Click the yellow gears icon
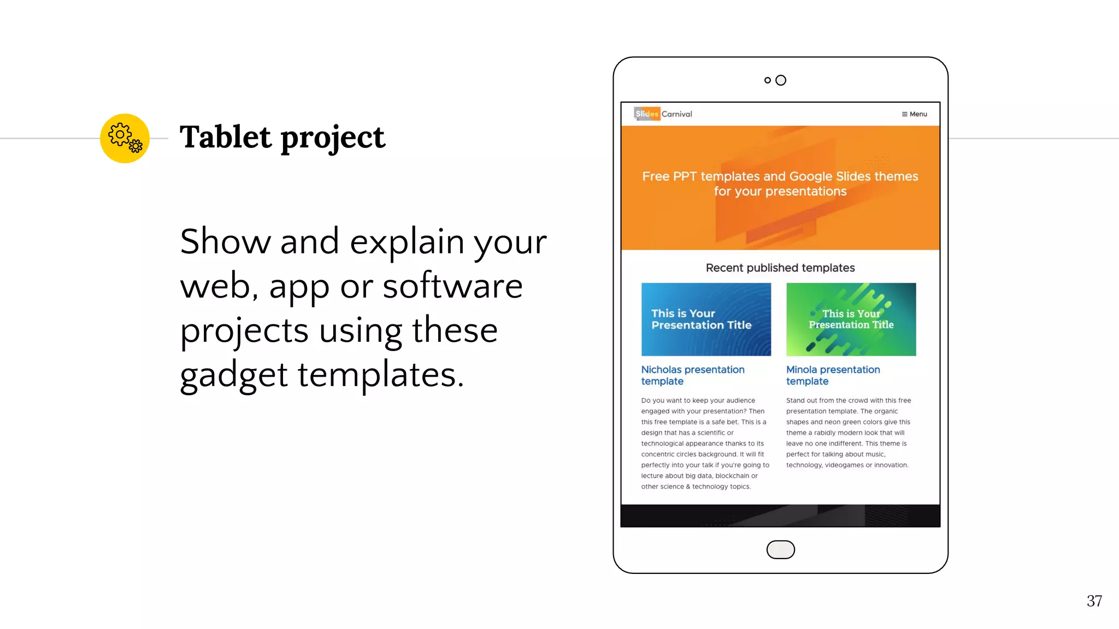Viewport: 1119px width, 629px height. pos(125,138)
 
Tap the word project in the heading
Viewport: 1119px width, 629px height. pos(333,138)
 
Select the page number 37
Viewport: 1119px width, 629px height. pos(1094,601)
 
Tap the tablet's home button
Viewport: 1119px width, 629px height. pos(780,549)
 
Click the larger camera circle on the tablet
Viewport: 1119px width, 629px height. pos(781,80)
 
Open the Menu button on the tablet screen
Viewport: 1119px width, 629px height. pos(914,114)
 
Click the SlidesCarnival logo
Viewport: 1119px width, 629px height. pos(663,114)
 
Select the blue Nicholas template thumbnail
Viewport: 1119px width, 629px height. pos(706,319)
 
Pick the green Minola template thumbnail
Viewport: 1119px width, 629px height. pos(851,319)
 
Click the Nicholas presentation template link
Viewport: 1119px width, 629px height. pos(692,375)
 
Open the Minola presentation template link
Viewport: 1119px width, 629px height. pos(833,375)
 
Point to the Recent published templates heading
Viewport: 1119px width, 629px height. pos(780,268)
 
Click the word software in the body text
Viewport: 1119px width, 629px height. pos(452,286)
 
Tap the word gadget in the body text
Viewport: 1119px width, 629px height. pos(233,375)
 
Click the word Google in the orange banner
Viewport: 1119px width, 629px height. pos(811,176)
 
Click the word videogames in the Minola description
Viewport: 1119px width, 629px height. pos(844,465)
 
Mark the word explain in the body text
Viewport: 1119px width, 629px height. pos(407,242)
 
